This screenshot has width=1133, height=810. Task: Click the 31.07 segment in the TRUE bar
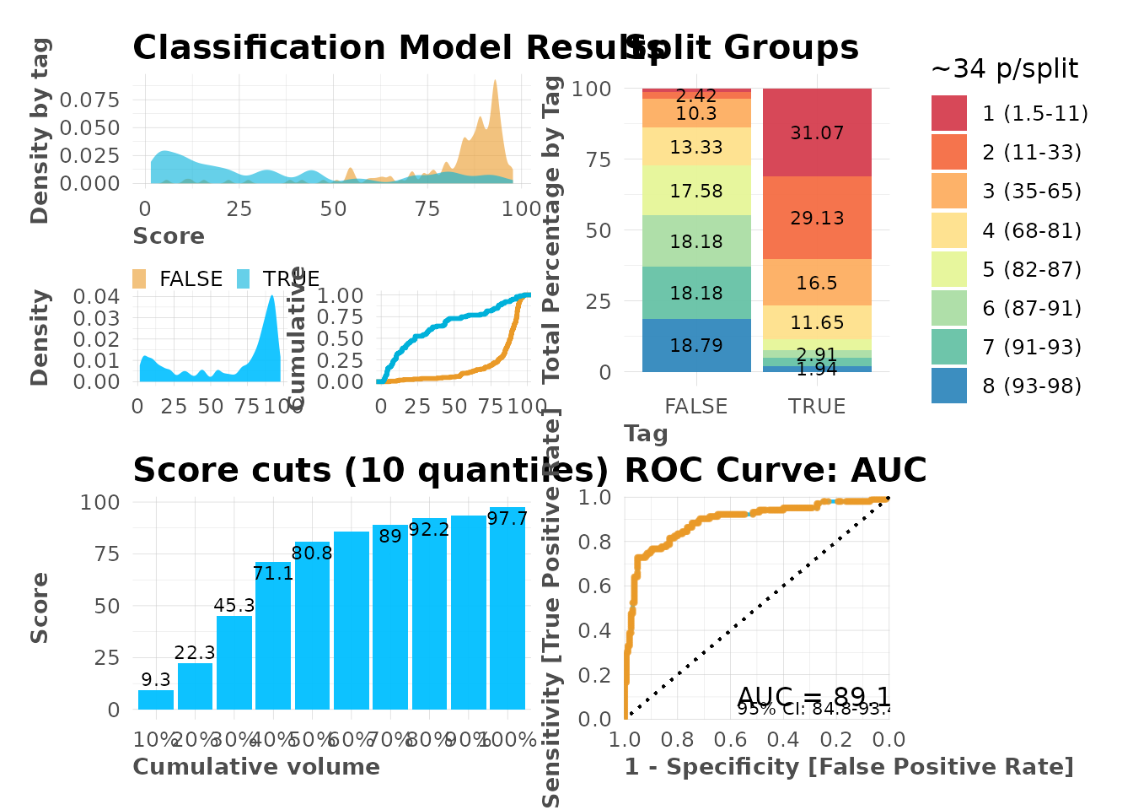point(817,132)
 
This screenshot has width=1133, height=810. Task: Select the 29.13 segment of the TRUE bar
point(817,218)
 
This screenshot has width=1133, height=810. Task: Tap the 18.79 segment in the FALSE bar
point(696,345)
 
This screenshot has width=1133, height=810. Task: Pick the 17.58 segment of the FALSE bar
point(696,191)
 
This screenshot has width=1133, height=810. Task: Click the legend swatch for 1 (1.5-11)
point(949,113)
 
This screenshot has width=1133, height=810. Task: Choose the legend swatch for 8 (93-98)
point(949,386)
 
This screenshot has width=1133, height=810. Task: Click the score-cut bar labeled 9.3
point(156,699)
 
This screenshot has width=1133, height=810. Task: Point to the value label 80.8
point(312,553)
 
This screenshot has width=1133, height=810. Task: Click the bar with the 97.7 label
point(507,607)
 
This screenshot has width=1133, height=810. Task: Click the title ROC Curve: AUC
point(776,471)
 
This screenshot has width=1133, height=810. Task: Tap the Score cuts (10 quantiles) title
point(370,471)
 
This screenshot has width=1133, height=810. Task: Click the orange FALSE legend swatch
point(140,279)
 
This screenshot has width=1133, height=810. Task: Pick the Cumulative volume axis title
point(256,766)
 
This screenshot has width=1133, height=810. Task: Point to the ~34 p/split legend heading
point(1004,68)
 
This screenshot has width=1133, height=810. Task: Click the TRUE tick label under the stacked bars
point(817,406)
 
